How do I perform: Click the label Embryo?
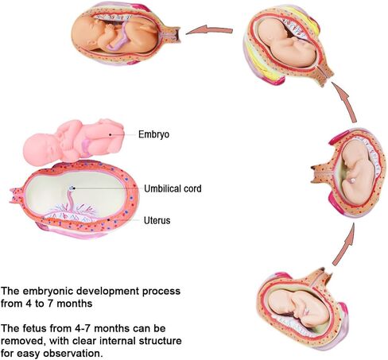153,134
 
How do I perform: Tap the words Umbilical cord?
173,188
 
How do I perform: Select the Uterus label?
157,220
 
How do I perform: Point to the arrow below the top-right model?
345,102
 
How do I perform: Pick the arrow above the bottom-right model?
344,243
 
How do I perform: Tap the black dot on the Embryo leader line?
111,134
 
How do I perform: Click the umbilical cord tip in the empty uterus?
72,188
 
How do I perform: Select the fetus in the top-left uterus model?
114,33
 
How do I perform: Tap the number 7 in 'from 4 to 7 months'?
50,304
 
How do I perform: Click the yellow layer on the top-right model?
308,17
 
